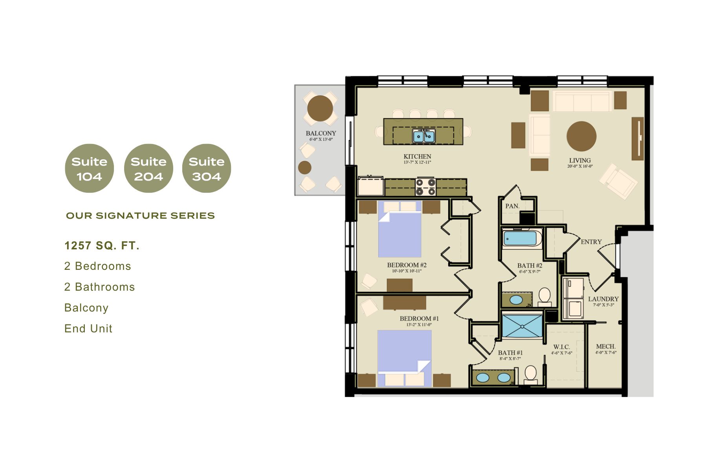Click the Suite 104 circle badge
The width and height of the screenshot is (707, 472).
coord(90,168)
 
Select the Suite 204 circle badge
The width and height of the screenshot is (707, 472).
coord(148,168)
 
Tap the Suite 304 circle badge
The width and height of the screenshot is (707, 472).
coord(207,168)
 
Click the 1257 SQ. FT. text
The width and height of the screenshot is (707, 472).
coord(102,246)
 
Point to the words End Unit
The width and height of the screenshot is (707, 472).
coord(88,328)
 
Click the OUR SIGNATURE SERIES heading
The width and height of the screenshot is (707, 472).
coord(141,216)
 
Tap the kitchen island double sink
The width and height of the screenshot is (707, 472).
coord(423,136)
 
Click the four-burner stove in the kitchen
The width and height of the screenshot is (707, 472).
coord(426,187)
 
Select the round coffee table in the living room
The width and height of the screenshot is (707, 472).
coord(581,136)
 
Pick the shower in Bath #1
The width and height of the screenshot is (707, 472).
coord(522,325)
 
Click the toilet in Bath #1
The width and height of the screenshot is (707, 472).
coord(531,375)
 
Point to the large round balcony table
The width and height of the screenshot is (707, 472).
coord(320,108)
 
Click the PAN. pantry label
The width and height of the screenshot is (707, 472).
coord(512,206)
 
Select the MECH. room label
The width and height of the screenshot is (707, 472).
coord(606,347)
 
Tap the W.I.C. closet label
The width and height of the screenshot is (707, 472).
coord(562,347)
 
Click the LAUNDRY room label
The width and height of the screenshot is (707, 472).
coord(603,299)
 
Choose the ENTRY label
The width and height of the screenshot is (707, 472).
coord(591,242)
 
